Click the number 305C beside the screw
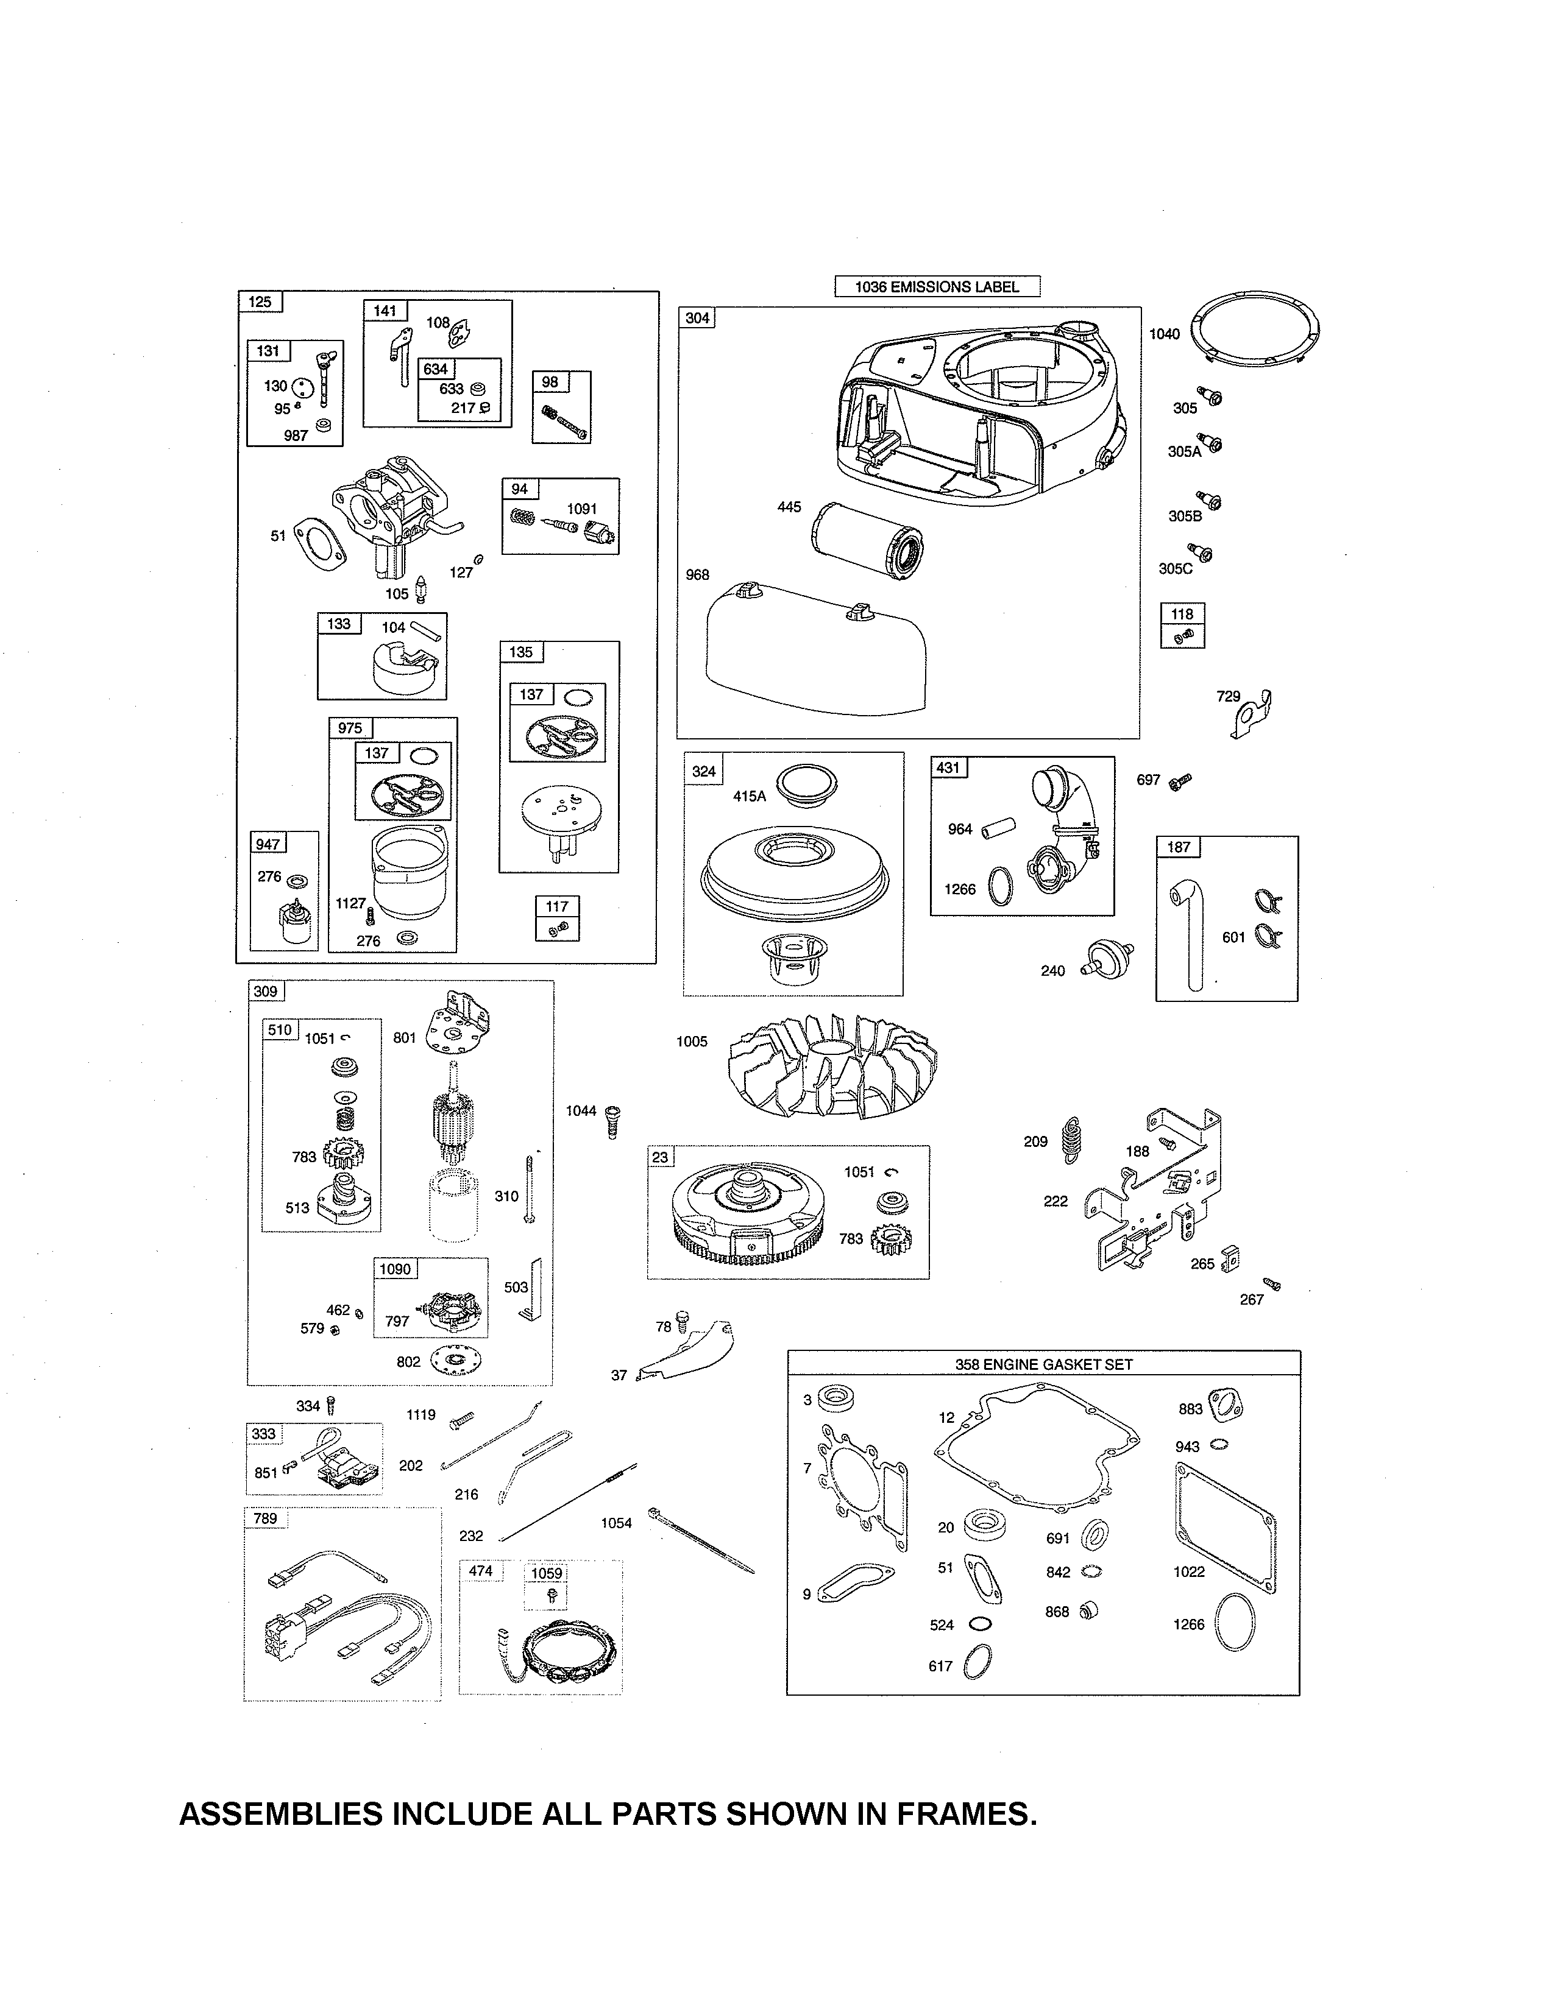[1175, 569]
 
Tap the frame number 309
[265, 991]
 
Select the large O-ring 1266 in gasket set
[1235, 1624]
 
